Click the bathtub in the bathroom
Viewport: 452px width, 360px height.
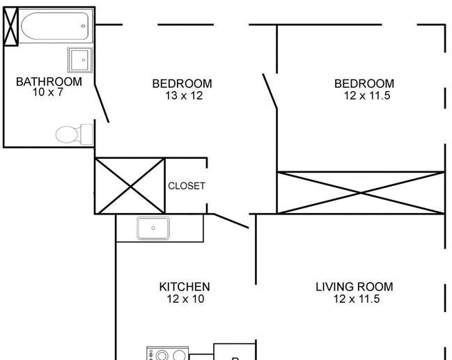[55, 26]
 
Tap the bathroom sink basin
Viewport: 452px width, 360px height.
[80, 60]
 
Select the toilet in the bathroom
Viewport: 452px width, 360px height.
[75, 134]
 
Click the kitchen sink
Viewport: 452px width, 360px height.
[153, 228]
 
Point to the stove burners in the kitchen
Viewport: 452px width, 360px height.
[167, 354]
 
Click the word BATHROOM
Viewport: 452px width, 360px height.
[49, 82]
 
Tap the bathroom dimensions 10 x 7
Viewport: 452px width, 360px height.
[47, 92]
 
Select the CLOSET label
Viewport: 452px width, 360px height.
[187, 186]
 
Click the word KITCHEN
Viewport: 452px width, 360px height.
[185, 287]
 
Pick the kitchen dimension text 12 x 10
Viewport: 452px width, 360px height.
[185, 299]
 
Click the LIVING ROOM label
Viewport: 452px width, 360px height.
[354, 287]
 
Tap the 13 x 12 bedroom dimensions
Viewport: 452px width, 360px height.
[184, 95]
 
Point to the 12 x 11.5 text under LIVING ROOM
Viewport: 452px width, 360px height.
[357, 299]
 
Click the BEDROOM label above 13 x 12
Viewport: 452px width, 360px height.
[182, 84]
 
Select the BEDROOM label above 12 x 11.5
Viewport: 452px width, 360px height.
[364, 84]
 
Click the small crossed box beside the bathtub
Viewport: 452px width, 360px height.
[11, 26]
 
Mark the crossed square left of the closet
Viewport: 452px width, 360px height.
[130, 186]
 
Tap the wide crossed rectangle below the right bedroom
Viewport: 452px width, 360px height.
[361, 193]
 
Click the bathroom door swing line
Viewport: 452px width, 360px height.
[102, 103]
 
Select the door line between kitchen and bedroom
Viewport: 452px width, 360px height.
[231, 221]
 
